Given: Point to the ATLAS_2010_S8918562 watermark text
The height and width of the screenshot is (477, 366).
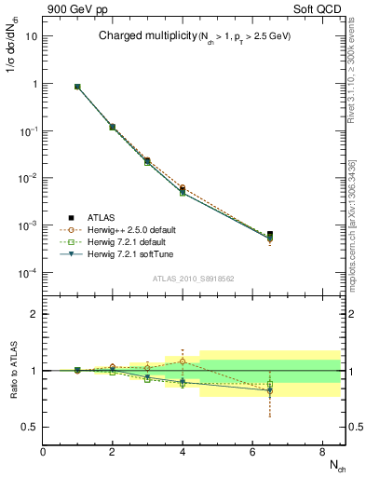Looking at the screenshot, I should [x=194, y=278].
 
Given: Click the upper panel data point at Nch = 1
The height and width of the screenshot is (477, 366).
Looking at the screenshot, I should [x=77, y=87].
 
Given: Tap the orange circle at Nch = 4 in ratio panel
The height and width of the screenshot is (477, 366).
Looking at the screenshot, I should [x=183, y=361].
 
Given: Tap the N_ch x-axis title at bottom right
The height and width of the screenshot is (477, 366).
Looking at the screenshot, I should [x=334, y=464].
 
